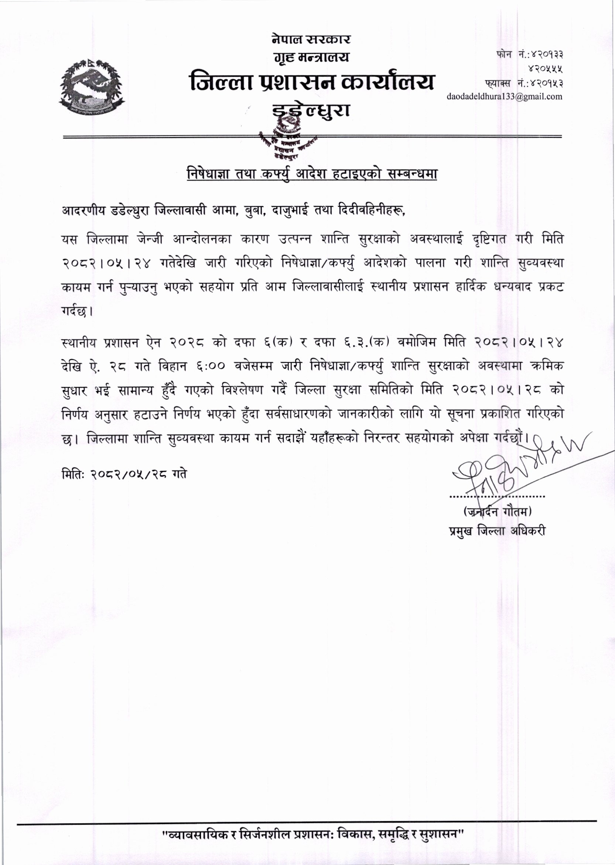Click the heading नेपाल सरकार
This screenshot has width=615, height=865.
[x=311, y=39]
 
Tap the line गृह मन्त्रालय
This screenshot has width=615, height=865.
[x=311, y=58]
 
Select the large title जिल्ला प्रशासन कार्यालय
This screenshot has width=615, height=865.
[x=312, y=82]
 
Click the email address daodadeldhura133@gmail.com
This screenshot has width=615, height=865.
[x=505, y=96]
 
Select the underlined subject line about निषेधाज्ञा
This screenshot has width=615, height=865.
[x=312, y=174]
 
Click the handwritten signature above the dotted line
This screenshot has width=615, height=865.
[x=504, y=469]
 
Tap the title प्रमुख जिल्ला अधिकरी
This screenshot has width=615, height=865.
[x=496, y=531]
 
